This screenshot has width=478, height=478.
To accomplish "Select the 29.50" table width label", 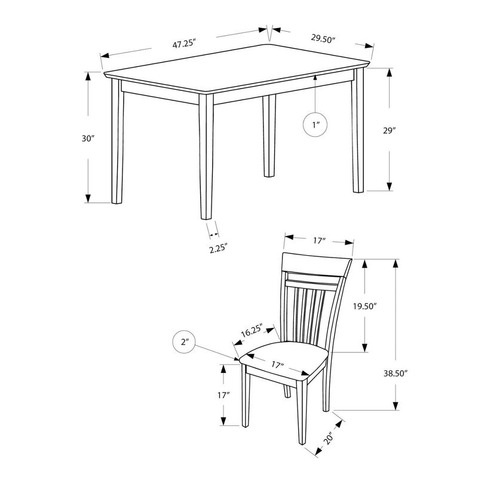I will click(x=323, y=39).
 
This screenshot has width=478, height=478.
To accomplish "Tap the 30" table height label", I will click(x=89, y=138).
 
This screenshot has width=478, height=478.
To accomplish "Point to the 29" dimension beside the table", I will click(x=389, y=130).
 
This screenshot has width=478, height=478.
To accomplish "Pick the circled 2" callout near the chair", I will click(x=184, y=342).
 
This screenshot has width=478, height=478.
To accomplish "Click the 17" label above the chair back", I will click(x=318, y=241).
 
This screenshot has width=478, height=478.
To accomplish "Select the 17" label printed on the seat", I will click(x=277, y=364).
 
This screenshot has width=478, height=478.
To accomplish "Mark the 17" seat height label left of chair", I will click(x=223, y=395).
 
